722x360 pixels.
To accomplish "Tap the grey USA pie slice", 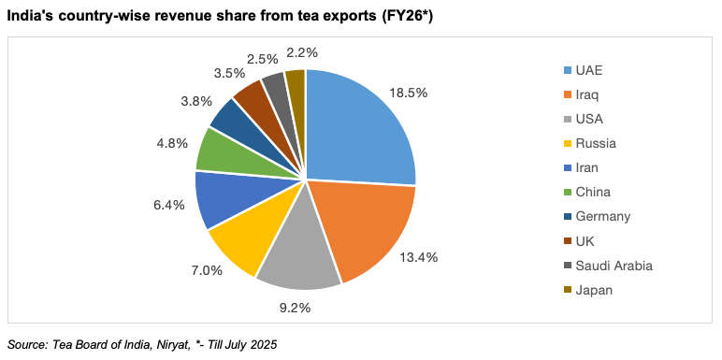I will coord(299,257).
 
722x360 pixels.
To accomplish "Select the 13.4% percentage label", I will coord(419,257).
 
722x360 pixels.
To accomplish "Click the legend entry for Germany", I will coord(604,216).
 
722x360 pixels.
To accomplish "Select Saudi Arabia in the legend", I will coord(614,265).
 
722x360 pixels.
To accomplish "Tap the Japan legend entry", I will coord(594,289).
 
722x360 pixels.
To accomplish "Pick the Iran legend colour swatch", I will coord(567,168).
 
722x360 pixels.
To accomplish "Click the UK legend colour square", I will coord(567,241).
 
